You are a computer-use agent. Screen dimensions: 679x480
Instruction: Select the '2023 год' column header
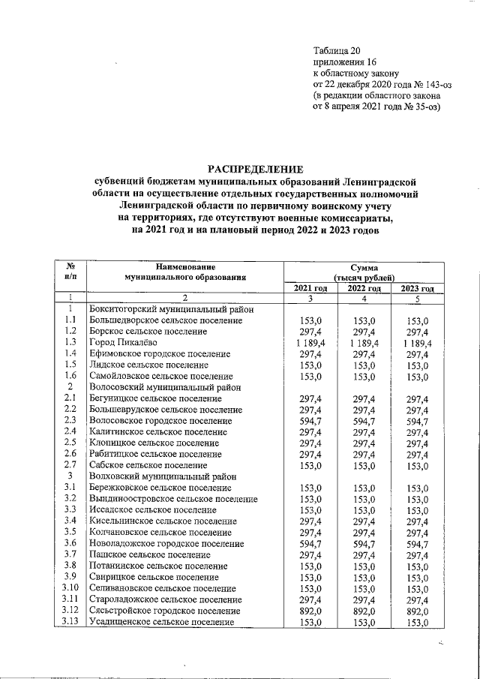click(x=418, y=289)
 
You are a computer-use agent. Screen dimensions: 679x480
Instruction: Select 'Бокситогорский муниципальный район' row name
click(x=170, y=308)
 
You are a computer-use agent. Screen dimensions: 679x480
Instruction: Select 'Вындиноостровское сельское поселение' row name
click(x=177, y=498)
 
